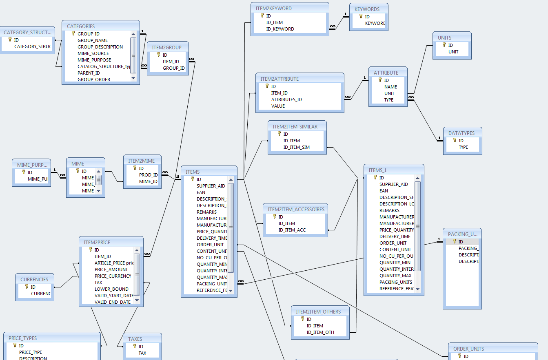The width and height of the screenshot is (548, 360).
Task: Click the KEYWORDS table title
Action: tap(367, 9)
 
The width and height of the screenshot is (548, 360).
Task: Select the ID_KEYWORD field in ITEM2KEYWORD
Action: tap(280, 29)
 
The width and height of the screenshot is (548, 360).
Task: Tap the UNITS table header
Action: tap(444, 38)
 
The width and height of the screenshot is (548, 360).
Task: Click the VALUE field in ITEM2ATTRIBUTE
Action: tap(278, 106)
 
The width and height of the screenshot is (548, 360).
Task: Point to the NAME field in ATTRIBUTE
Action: tap(390, 87)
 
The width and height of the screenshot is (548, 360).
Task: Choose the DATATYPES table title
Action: tap(461, 133)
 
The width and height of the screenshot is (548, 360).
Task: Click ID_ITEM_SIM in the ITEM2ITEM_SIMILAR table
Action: tap(296, 147)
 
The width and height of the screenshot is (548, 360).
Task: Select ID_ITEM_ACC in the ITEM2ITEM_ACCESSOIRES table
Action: tap(292, 230)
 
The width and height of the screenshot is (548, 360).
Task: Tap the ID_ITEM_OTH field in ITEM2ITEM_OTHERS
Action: tap(320, 332)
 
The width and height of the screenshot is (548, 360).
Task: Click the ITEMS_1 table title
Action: tap(377, 170)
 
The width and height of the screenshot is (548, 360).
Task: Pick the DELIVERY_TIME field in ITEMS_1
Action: tap(395, 236)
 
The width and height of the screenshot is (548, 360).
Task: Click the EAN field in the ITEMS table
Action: tap(201, 192)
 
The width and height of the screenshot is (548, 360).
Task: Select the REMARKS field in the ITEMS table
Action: tap(206, 212)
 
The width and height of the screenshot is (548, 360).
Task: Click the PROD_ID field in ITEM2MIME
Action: tap(148, 175)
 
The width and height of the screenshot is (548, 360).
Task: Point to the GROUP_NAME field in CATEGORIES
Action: tap(93, 40)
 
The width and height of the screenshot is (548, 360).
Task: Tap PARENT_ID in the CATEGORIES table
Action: tap(89, 73)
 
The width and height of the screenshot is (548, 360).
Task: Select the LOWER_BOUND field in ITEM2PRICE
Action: tap(111, 289)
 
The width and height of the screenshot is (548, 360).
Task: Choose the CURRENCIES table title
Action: tap(34, 279)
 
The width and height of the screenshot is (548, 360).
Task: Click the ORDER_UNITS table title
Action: tap(468, 349)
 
